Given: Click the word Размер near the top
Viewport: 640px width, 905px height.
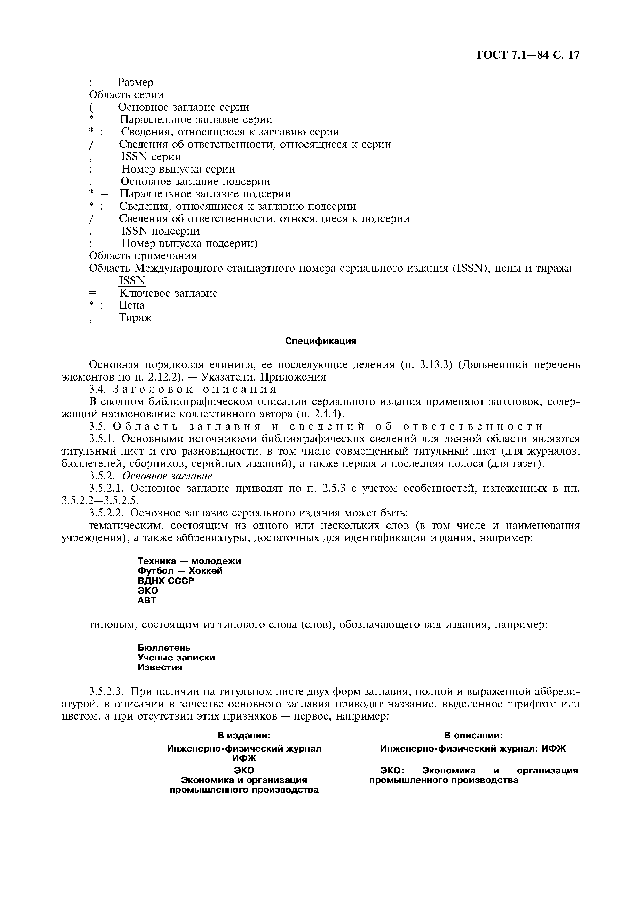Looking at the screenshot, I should click(x=136, y=82).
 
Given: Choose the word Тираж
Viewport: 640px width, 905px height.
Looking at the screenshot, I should click(x=135, y=317).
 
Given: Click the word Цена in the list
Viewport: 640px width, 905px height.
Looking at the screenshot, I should click(x=132, y=305).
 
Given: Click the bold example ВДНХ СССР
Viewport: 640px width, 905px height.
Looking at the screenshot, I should click(x=166, y=581).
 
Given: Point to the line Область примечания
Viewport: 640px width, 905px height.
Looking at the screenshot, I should click(x=143, y=256).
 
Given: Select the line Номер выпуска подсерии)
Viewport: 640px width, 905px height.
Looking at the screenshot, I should click(x=189, y=244).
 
